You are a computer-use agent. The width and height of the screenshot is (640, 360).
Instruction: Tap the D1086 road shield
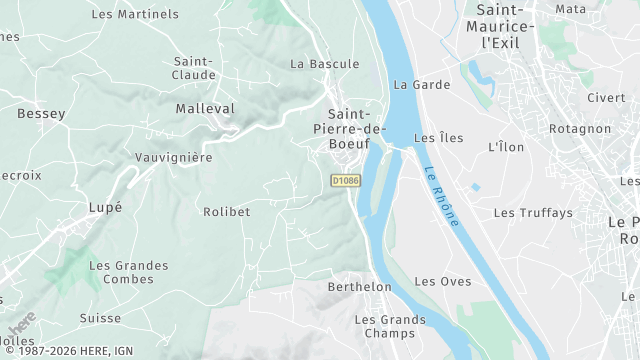click(345, 180)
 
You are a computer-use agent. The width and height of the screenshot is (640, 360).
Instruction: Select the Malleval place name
click(204, 108)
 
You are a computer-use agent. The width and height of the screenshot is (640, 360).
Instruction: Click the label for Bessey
click(41, 114)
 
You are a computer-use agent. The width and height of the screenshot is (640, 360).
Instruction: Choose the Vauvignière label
click(174, 158)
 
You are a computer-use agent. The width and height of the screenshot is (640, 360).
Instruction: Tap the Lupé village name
click(105, 207)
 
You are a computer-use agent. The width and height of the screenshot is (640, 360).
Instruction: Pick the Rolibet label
click(226, 212)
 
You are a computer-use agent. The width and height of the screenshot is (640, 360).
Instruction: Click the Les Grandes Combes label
click(128, 272)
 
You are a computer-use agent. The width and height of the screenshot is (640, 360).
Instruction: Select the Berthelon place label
click(360, 287)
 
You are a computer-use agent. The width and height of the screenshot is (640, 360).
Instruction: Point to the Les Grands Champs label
click(390, 326)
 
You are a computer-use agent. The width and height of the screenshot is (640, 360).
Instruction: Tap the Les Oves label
click(442, 282)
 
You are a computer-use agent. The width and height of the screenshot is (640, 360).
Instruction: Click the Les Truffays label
click(533, 213)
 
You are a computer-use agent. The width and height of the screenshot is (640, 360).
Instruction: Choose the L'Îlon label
click(505, 147)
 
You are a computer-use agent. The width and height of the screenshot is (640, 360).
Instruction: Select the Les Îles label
click(438, 138)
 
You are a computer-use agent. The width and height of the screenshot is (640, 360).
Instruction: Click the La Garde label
click(422, 85)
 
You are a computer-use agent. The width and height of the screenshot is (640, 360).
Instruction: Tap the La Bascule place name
click(324, 64)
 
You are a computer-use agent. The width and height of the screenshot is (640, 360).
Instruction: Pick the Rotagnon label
click(579, 129)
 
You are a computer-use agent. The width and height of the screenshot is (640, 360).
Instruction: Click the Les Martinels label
click(135, 14)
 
